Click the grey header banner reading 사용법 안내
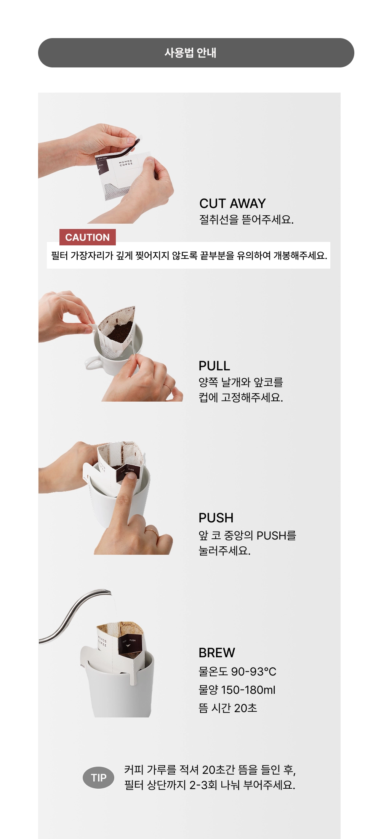pyautogui.click(x=196, y=53)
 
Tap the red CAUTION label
pyautogui.click(x=88, y=237)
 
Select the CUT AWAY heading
pyautogui.click(x=232, y=203)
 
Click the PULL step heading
pyautogui.click(x=214, y=366)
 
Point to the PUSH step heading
pyautogui.click(x=216, y=518)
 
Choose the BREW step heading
pyautogui.click(x=217, y=653)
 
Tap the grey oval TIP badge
pyautogui.click(x=98, y=778)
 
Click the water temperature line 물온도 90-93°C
pyautogui.click(x=237, y=671)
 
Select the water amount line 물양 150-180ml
pyautogui.click(x=237, y=690)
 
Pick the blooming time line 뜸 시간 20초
pyautogui.click(x=228, y=708)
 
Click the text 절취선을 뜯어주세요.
pyautogui.click(x=247, y=219)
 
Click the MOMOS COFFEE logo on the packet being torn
pyautogui.click(x=126, y=163)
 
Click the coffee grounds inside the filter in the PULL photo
pyautogui.click(x=120, y=332)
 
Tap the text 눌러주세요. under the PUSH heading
pyautogui.click(x=224, y=551)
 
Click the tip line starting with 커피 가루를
pyautogui.click(x=210, y=770)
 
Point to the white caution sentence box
pyautogui.click(x=189, y=255)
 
